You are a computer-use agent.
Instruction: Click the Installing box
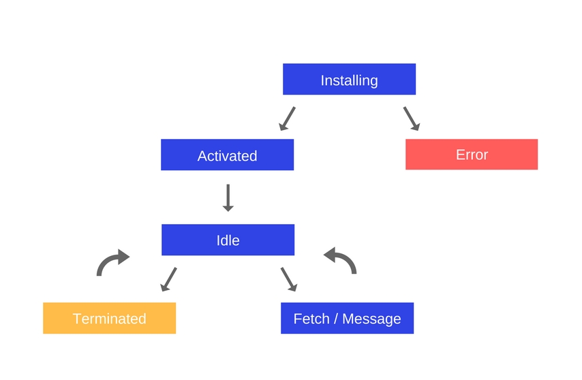(349, 80)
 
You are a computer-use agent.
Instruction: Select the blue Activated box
(227, 155)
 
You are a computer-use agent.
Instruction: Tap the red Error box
(472, 155)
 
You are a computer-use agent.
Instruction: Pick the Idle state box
(228, 240)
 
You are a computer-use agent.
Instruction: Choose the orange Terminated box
(109, 318)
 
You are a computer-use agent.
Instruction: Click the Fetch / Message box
(347, 318)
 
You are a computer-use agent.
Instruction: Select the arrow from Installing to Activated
(287, 118)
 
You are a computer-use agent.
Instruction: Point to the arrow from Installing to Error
(411, 118)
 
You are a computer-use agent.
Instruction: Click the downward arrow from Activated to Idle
(228, 197)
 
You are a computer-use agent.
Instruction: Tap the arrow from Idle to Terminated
(168, 279)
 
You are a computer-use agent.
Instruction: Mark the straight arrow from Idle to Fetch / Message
(289, 279)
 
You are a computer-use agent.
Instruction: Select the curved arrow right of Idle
(340, 261)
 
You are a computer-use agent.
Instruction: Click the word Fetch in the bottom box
(311, 319)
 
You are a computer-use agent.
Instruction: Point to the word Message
(371, 319)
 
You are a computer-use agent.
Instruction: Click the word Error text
(472, 155)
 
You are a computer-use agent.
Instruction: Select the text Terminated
(109, 319)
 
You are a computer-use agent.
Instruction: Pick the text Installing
(349, 80)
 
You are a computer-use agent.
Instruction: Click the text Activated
(227, 156)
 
